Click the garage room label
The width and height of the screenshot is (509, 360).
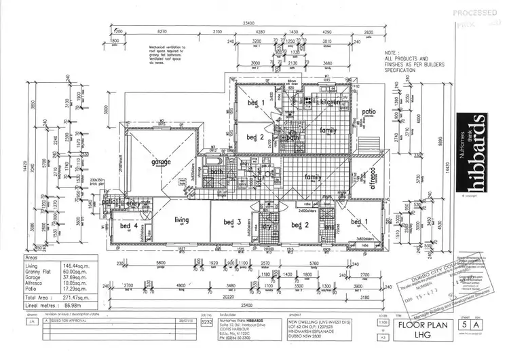click(161, 161)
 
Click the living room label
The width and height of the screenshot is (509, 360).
click(181, 219)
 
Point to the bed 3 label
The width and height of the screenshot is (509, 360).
click(233, 221)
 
